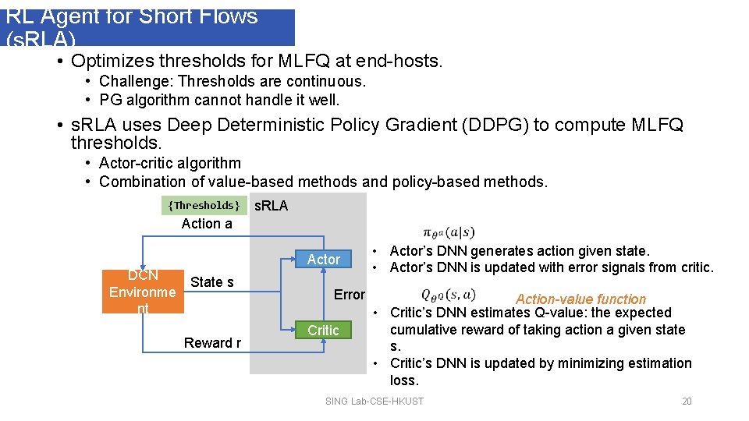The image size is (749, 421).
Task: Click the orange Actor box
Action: coord(324,259)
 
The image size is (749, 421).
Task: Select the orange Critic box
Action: coord(323,331)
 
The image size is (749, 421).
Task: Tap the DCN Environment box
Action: coord(143,292)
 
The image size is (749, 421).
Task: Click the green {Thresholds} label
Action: coord(204,205)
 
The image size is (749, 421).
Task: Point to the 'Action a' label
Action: coord(207,224)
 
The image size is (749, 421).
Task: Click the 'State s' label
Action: coord(212,282)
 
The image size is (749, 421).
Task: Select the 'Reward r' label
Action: coord(212,343)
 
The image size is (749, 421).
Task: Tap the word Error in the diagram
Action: coord(349,295)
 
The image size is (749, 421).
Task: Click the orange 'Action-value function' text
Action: coord(580,299)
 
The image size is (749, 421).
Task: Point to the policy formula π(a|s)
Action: coord(448,232)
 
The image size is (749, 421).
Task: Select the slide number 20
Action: coord(687,402)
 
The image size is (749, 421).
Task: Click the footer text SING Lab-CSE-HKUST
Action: coord(374,402)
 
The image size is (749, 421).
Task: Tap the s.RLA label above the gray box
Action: coord(272,206)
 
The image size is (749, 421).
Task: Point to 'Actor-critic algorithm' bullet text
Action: coord(170,164)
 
